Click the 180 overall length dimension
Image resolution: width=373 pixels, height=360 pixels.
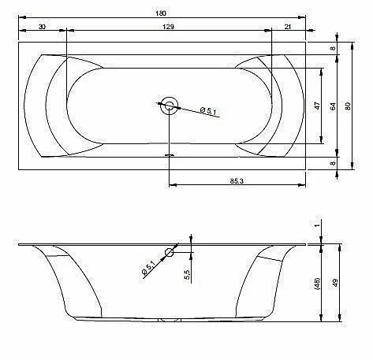coord(161,13)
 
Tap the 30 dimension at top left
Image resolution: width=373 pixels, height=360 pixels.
coord(42,27)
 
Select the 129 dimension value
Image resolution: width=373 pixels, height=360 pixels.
coord(168,27)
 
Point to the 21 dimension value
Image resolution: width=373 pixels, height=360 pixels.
coord(288,27)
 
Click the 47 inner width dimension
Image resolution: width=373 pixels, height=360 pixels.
coord(318,106)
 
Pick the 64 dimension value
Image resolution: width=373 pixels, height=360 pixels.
coord(333,106)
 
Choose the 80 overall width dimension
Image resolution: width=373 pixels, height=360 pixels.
coord(348,106)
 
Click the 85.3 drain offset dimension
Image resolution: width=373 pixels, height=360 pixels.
coord(237,180)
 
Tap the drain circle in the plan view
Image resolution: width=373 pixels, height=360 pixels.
coord(170,106)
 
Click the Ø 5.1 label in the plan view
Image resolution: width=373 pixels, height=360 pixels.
coord(208,110)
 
